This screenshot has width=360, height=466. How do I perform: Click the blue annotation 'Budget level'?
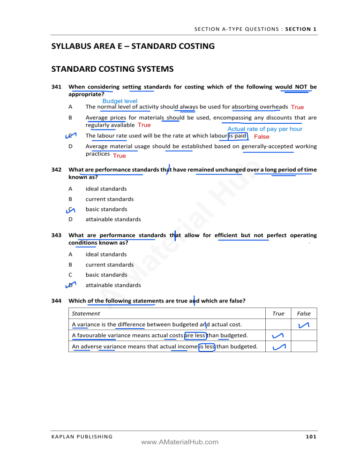(120, 101)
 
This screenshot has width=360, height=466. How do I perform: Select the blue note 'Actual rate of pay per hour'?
(265, 129)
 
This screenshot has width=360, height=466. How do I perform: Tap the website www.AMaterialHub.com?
(180, 442)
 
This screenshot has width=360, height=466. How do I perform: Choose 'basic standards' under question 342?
(106, 209)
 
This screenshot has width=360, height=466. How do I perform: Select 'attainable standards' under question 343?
(113, 285)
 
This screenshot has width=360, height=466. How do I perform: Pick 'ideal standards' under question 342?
(106, 188)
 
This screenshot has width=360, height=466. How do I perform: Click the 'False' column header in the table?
(303, 313)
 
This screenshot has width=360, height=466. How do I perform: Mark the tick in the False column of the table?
(303, 325)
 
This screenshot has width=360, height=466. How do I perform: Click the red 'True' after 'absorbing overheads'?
(297, 107)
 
